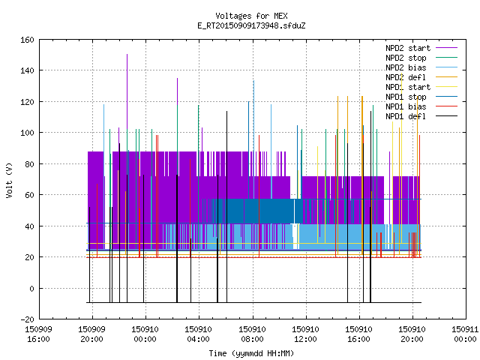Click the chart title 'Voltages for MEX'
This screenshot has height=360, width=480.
click(x=251, y=16)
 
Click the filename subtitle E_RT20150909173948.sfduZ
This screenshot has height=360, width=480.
click(x=251, y=25)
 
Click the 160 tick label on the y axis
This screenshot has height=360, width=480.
click(x=27, y=40)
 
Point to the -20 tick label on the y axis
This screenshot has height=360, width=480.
click(x=27, y=319)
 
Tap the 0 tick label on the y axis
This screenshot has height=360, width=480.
click(x=31, y=289)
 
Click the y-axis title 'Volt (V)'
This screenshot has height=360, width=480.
click(x=9, y=181)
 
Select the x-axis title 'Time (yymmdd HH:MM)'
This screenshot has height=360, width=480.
click(x=251, y=353)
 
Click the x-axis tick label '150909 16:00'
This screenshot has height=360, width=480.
click(x=38, y=334)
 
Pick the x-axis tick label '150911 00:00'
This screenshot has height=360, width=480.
click(x=465, y=334)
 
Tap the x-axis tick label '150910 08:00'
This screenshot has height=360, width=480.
click(x=252, y=334)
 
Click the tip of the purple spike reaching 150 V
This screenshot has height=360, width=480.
click(x=127, y=55)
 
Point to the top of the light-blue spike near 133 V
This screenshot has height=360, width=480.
click(x=253, y=81)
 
